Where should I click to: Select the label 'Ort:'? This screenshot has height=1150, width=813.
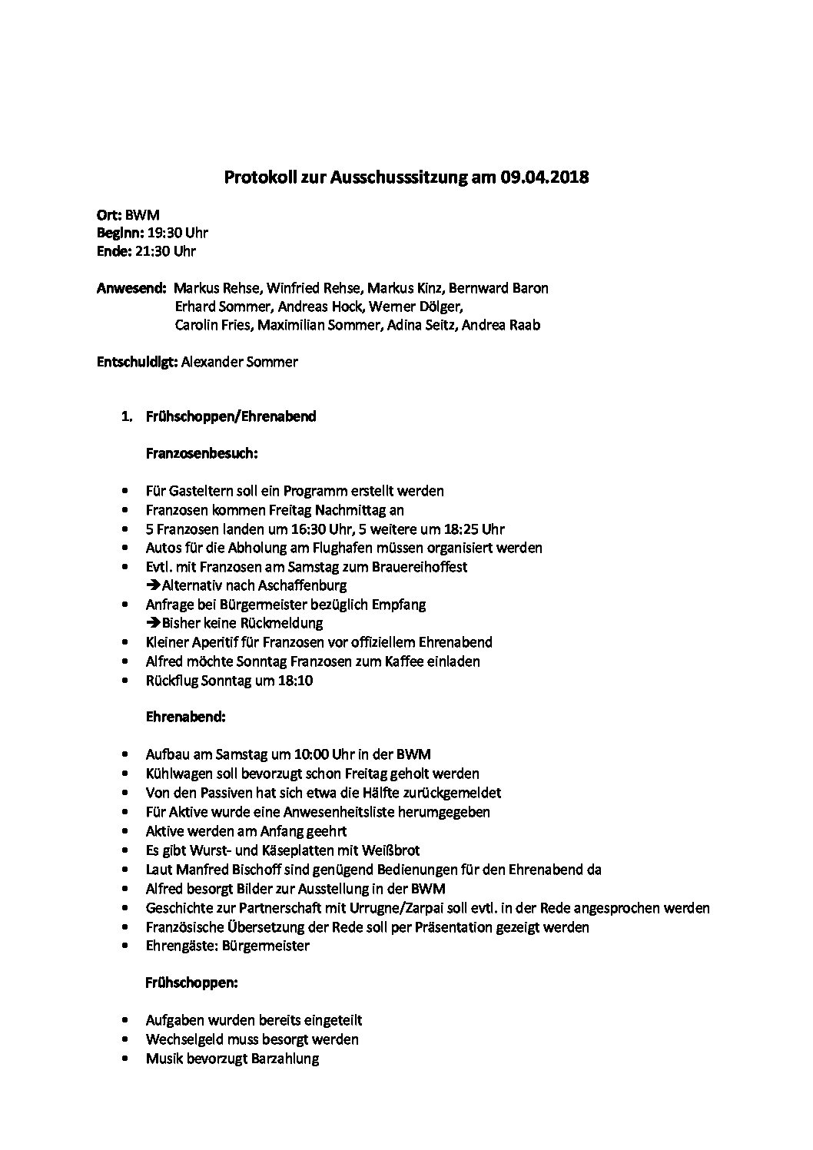point(109,215)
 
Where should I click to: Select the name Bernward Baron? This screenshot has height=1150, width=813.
point(498,289)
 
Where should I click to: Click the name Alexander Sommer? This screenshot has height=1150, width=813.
point(239,362)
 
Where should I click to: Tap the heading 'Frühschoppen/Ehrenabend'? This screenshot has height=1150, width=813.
point(231,417)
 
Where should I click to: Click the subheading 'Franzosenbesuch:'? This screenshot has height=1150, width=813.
point(201,454)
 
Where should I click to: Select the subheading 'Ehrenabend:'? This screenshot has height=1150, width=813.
point(185,718)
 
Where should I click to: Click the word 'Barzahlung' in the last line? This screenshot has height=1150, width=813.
point(284,1059)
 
